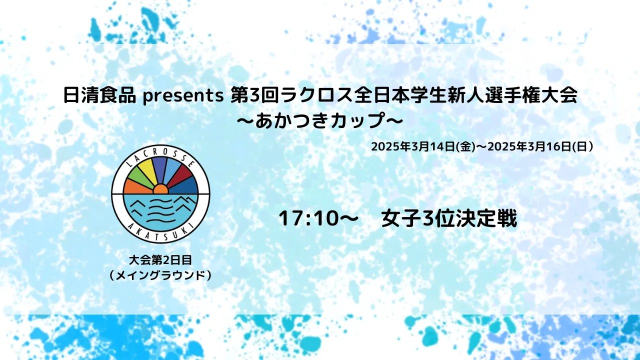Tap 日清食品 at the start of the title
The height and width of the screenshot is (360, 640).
coord(99,95)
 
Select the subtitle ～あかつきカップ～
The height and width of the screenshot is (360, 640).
coord(320,120)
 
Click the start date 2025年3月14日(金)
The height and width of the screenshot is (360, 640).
coord(423,147)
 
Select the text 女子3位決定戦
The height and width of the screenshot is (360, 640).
coord(449,219)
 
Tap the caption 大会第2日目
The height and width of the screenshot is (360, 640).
coord(160,260)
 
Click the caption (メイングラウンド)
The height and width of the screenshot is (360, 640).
coord(160,275)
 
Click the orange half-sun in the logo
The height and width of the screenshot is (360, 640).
coord(160,189)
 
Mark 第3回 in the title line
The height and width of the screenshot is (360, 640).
coord(255,95)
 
